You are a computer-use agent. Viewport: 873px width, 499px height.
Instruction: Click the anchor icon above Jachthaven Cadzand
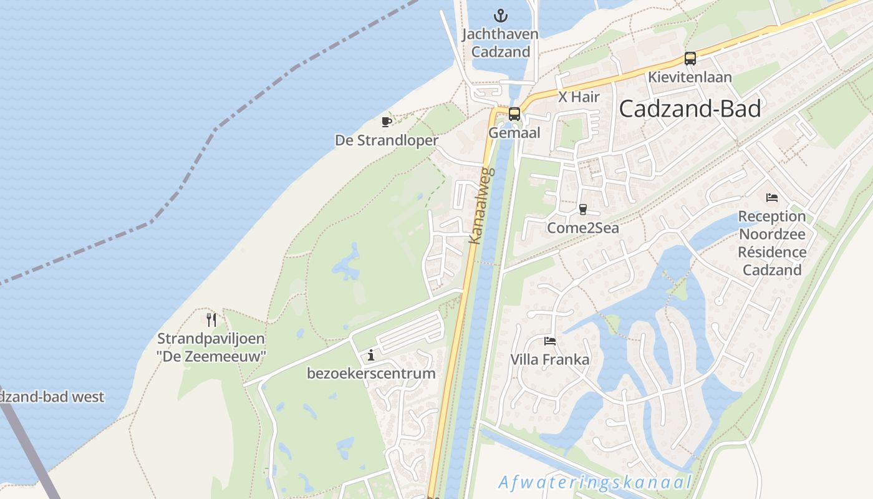500,15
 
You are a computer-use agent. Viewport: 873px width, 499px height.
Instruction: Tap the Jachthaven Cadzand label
500,42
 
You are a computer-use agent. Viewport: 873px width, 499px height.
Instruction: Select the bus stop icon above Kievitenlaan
690,59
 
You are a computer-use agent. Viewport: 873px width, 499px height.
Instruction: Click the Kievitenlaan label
690,77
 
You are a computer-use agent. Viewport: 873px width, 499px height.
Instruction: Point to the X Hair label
579,97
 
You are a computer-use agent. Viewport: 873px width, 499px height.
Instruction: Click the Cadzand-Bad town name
690,109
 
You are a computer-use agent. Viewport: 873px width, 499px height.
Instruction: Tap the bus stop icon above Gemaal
514,114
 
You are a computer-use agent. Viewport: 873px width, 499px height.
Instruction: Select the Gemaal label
514,133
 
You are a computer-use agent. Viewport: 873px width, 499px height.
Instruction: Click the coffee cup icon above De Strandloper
387,122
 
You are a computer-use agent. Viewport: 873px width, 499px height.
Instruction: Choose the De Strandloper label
387,140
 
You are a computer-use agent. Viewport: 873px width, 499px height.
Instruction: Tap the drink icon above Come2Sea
583,210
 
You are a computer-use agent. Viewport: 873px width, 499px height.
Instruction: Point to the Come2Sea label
583,228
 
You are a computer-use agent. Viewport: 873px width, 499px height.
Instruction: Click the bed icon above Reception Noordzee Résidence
772,198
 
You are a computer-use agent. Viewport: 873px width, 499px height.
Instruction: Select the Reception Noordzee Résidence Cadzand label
772,243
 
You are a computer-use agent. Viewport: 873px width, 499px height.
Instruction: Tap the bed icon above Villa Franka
550,341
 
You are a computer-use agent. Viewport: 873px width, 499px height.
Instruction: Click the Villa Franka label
550,359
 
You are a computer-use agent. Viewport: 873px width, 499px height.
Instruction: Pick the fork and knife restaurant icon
211,320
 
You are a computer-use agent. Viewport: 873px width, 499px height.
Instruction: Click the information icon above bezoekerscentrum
371,355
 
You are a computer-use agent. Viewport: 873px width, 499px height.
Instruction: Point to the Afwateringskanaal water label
595,482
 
